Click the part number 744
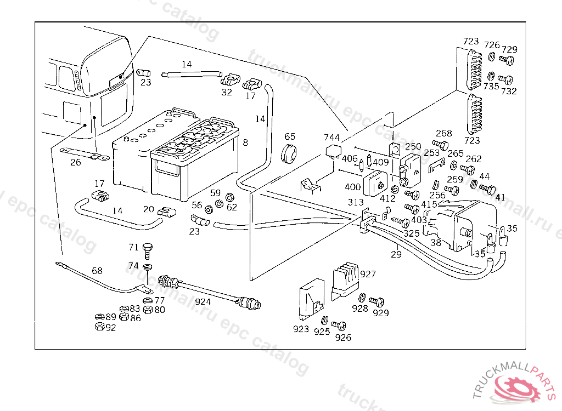pos(331,138)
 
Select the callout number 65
pos(290,136)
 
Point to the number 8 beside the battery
pos(245,142)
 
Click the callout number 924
pos(203,301)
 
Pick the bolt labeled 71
pos(147,251)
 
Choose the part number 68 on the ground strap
pos(97,271)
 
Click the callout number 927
pos(368,273)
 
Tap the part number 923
pos(301,329)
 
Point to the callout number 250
pos(413,146)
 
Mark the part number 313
pos(356,202)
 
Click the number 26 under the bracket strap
pos(76,162)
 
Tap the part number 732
pos(509,92)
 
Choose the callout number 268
pos(443,133)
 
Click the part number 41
pos(500,197)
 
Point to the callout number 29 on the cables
pos(396,254)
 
